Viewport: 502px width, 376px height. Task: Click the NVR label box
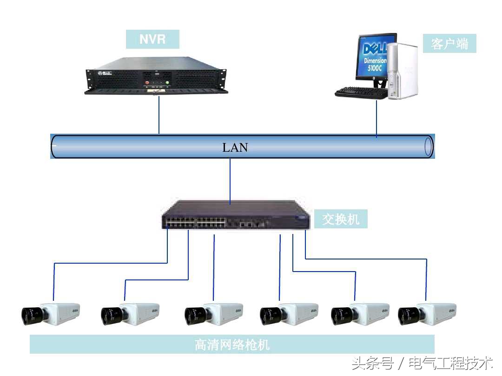152,39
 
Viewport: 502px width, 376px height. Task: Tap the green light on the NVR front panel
167,84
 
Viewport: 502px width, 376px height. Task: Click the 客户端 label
449,44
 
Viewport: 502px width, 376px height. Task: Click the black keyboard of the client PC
361,92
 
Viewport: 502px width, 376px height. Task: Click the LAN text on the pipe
235,148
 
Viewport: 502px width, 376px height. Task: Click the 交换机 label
341,219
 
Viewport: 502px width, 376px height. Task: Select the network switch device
235,215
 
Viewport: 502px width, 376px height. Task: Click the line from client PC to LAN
376,118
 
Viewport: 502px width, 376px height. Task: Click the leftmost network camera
51,314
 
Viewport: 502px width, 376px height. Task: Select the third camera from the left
214,314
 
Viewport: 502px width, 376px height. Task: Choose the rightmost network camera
427,314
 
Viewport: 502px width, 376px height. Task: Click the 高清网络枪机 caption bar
232,344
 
